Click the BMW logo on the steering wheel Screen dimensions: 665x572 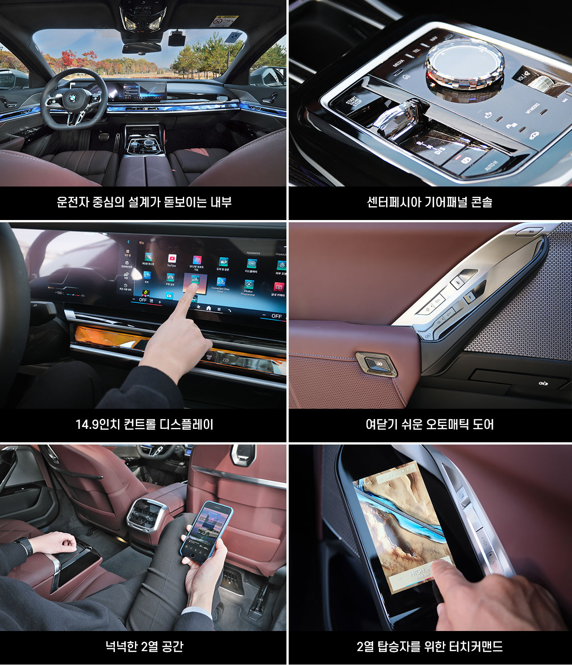click(73, 97)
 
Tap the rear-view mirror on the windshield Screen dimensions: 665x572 click(142, 48)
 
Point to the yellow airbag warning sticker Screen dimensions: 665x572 click(225, 21)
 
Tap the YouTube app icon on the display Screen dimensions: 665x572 click(172, 259)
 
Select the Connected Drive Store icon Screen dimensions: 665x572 click(221, 282)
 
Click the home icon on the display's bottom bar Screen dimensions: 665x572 click(208, 308)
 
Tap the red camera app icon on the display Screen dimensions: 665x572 click(279, 287)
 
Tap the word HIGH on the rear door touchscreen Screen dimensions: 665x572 click(418, 572)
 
